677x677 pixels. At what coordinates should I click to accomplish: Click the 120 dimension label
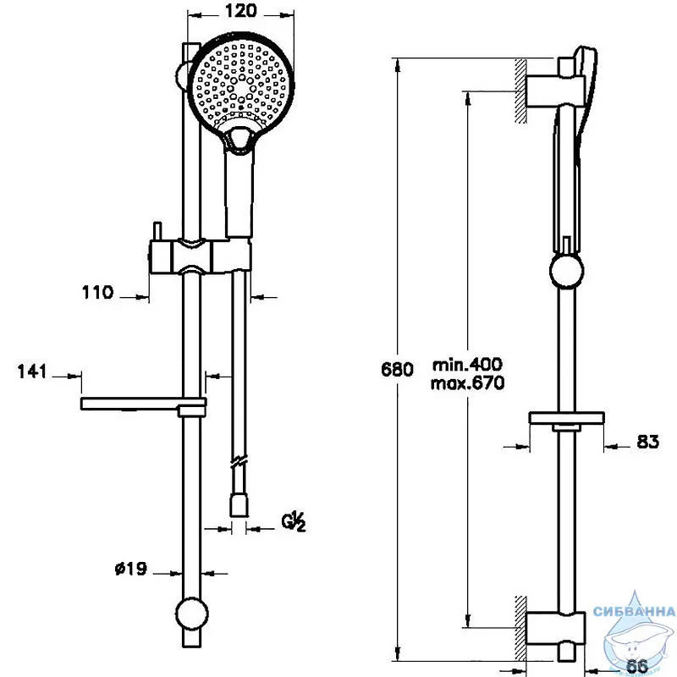(x=241, y=11)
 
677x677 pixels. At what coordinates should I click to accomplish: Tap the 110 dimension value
(x=97, y=292)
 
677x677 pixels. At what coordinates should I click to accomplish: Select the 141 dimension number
(x=32, y=372)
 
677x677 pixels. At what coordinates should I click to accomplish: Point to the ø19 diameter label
(x=131, y=569)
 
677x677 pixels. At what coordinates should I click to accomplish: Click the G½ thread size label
(x=294, y=521)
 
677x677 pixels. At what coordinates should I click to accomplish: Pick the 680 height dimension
(x=397, y=370)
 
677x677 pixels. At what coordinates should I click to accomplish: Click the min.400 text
(x=468, y=365)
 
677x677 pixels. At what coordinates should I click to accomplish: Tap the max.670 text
(x=468, y=383)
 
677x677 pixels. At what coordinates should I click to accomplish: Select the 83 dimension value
(x=648, y=441)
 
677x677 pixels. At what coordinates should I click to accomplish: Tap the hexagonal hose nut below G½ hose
(x=239, y=505)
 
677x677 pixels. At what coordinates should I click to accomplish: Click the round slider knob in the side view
(x=566, y=271)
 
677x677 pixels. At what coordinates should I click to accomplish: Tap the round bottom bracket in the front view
(x=192, y=614)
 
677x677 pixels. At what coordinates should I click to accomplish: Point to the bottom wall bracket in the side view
(x=555, y=627)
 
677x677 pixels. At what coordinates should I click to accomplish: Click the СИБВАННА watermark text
(x=634, y=611)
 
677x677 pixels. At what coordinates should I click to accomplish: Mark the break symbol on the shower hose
(x=239, y=462)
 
